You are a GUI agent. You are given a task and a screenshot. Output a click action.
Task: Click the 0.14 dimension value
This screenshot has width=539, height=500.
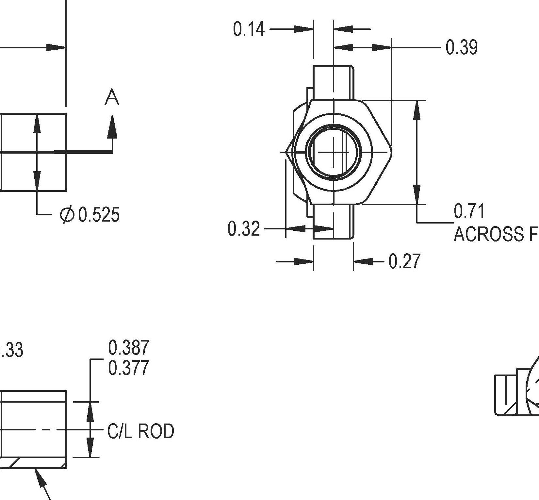coord(249,29)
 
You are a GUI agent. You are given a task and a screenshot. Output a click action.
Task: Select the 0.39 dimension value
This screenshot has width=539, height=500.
coord(462,47)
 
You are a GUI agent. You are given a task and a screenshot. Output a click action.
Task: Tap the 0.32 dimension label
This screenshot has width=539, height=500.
coord(244,229)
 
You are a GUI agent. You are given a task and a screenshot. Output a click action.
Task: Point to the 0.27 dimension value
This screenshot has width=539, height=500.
coord(404,261)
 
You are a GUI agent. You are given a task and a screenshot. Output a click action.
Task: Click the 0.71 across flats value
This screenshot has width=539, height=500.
coord(469,211)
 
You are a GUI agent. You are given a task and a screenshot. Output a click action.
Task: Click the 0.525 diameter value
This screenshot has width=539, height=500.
coord(99,215)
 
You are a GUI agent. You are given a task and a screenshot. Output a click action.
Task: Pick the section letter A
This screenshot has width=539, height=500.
coord(112,98)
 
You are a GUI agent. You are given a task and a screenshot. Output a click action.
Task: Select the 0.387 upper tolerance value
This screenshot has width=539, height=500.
coord(128,347)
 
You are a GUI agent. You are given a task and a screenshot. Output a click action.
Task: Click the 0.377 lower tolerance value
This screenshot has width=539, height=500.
coord(128,368)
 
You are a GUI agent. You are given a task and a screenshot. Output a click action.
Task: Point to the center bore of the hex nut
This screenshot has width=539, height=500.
coord(334,152)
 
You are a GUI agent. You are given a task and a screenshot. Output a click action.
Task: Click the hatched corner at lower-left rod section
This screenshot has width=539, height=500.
coord(13,463)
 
